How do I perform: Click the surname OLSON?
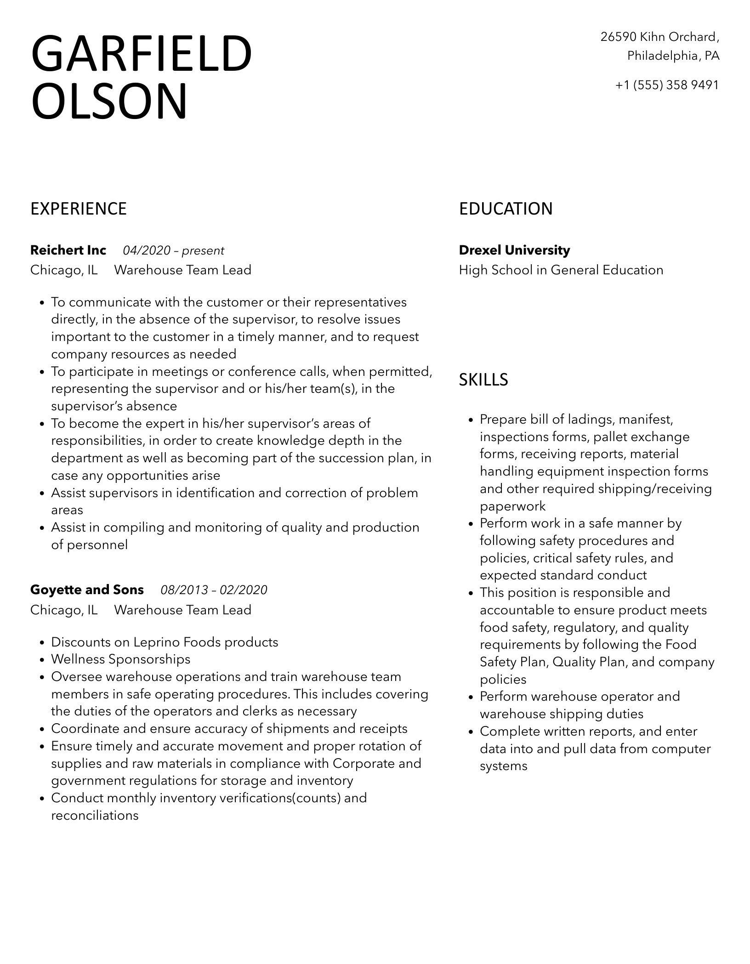coord(109,101)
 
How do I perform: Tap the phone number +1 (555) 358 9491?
coord(667,85)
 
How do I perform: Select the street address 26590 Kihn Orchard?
coord(659,37)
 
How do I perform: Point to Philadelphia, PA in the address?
coord(673,56)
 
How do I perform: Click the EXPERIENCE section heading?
coord(79,209)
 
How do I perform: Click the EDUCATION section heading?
coord(506,209)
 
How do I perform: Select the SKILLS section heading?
coord(483,380)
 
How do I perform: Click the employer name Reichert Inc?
coord(68,250)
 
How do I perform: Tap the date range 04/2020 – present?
coord(173,251)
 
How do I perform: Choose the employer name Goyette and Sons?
coord(87,590)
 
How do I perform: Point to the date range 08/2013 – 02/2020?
coord(214,590)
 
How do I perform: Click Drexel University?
coord(514,250)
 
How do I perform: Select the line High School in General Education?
coord(561,270)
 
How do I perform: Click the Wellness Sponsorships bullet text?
coord(120,659)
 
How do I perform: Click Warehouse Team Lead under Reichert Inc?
coord(182,270)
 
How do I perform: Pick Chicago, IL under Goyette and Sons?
coord(64,610)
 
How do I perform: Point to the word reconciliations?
coord(95,816)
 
